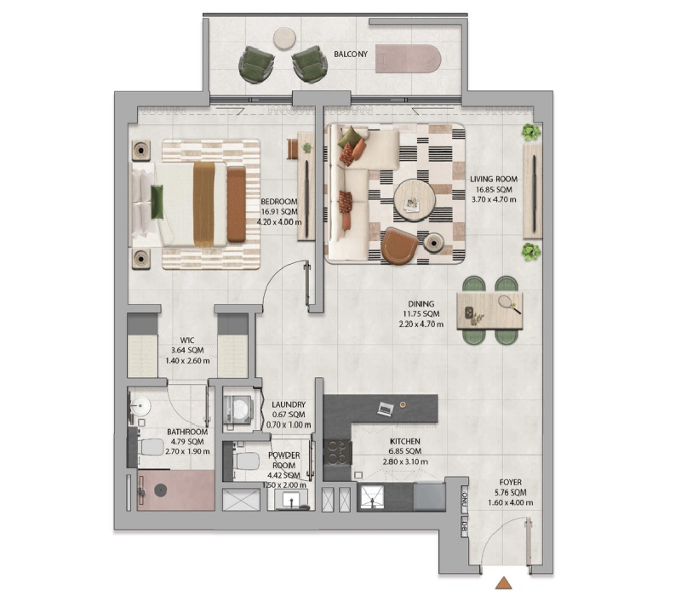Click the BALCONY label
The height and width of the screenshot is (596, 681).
click(x=351, y=54)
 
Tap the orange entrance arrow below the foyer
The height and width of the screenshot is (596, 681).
click(x=504, y=582)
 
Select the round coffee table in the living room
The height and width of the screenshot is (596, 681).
click(x=414, y=200)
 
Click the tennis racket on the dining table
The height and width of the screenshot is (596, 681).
click(x=508, y=304)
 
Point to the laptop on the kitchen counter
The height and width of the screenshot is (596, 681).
click(x=386, y=409)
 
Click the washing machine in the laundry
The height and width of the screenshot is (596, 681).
click(x=237, y=409)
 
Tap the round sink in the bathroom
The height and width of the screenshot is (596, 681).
click(x=140, y=407)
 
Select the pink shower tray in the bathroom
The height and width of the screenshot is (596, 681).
click(x=176, y=490)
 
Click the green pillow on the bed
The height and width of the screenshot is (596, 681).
click(x=157, y=202)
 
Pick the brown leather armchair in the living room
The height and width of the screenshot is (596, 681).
click(x=398, y=246)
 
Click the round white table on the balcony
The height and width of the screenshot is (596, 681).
click(x=284, y=38)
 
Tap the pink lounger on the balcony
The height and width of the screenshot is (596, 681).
click(x=409, y=59)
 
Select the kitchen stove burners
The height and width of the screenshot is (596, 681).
click(x=337, y=452)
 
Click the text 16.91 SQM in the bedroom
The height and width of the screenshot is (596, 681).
click(x=279, y=212)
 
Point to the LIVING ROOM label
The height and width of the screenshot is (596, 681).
click(x=494, y=179)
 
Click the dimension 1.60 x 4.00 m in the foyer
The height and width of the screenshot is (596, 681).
click(x=510, y=503)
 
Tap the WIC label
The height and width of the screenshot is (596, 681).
click(x=187, y=340)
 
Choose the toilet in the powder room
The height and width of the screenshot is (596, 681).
click(x=245, y=461)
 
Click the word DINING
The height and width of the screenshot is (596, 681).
click(x=421, y=304)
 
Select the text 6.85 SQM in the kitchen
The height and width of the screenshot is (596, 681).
click(x=405, y=451)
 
